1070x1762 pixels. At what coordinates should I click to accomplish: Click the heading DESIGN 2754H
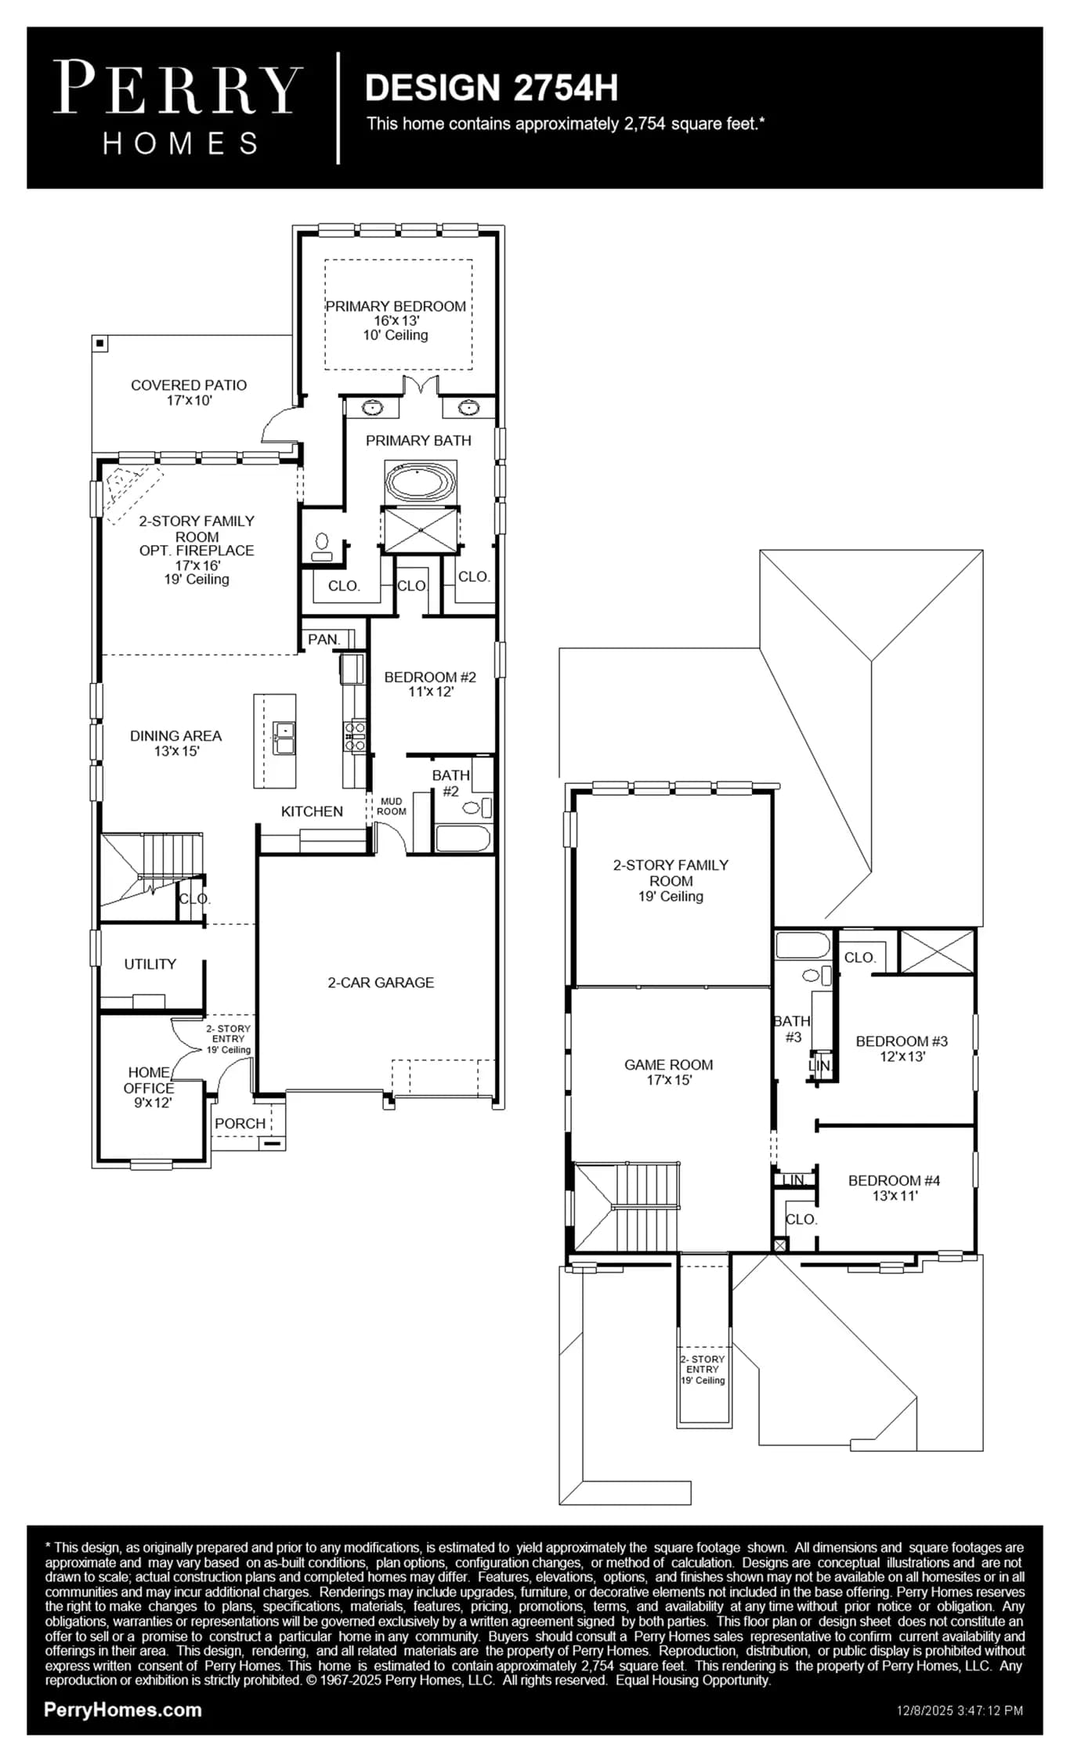pyautogui.click(x=491, y=88)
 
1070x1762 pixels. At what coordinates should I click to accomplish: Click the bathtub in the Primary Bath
pyautogui.click(x=421, y=482)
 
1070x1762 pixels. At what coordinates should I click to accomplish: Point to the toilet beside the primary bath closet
pyautogui.click(x=322, y=546)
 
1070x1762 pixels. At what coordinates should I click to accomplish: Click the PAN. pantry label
pyautogui.click(x=324, y=639)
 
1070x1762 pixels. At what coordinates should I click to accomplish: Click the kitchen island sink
pyautogui.click(x=284, y=738)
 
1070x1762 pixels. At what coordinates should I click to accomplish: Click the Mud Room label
pyautogui.click(x=391, y=807)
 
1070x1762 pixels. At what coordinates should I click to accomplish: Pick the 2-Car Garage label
pyautogui.click(x=381, y=982)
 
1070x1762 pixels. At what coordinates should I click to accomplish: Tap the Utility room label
pyautogui.click(x=150, y=964)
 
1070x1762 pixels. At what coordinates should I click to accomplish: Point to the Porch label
pyautogui.click(x=240, y=1123)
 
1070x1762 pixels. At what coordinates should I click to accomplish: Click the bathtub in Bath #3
pyautogui.click(x=803, y=944)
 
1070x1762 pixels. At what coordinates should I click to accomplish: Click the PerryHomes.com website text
pyautogui.click(x=123, y=1710)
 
